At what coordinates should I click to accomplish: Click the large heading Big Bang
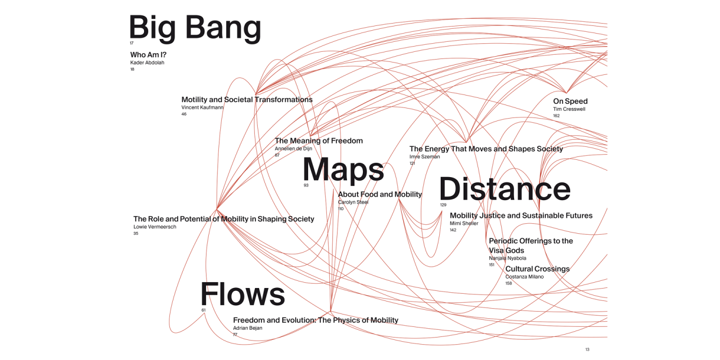[195, 28]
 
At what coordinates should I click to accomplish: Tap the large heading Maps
[343, 169]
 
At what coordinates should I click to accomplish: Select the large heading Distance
[504, 189]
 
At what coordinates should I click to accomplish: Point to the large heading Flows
[242, 294]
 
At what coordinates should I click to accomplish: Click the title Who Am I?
[148, 55]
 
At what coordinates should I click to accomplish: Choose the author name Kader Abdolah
[147, 62]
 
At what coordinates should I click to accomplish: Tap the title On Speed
[570, 101]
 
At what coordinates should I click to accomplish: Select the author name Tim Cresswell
[569, 109]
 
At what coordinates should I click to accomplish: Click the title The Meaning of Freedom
[319, 141]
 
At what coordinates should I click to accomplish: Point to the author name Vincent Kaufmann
[202, 108]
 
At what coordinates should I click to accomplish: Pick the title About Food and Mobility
[380, 194]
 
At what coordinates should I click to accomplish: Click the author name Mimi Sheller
[464, 223]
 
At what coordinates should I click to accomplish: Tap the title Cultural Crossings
[537, 269]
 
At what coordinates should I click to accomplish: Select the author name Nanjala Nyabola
[507, 258]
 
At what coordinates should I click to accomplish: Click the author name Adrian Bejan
[248, 328]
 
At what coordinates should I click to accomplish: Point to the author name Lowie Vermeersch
[155, 227]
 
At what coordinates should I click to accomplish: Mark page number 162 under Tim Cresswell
[556, 116]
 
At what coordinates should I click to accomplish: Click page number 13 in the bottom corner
[587, 349]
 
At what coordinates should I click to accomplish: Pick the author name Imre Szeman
[424, 156]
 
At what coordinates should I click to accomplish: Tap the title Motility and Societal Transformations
[247, 100]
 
